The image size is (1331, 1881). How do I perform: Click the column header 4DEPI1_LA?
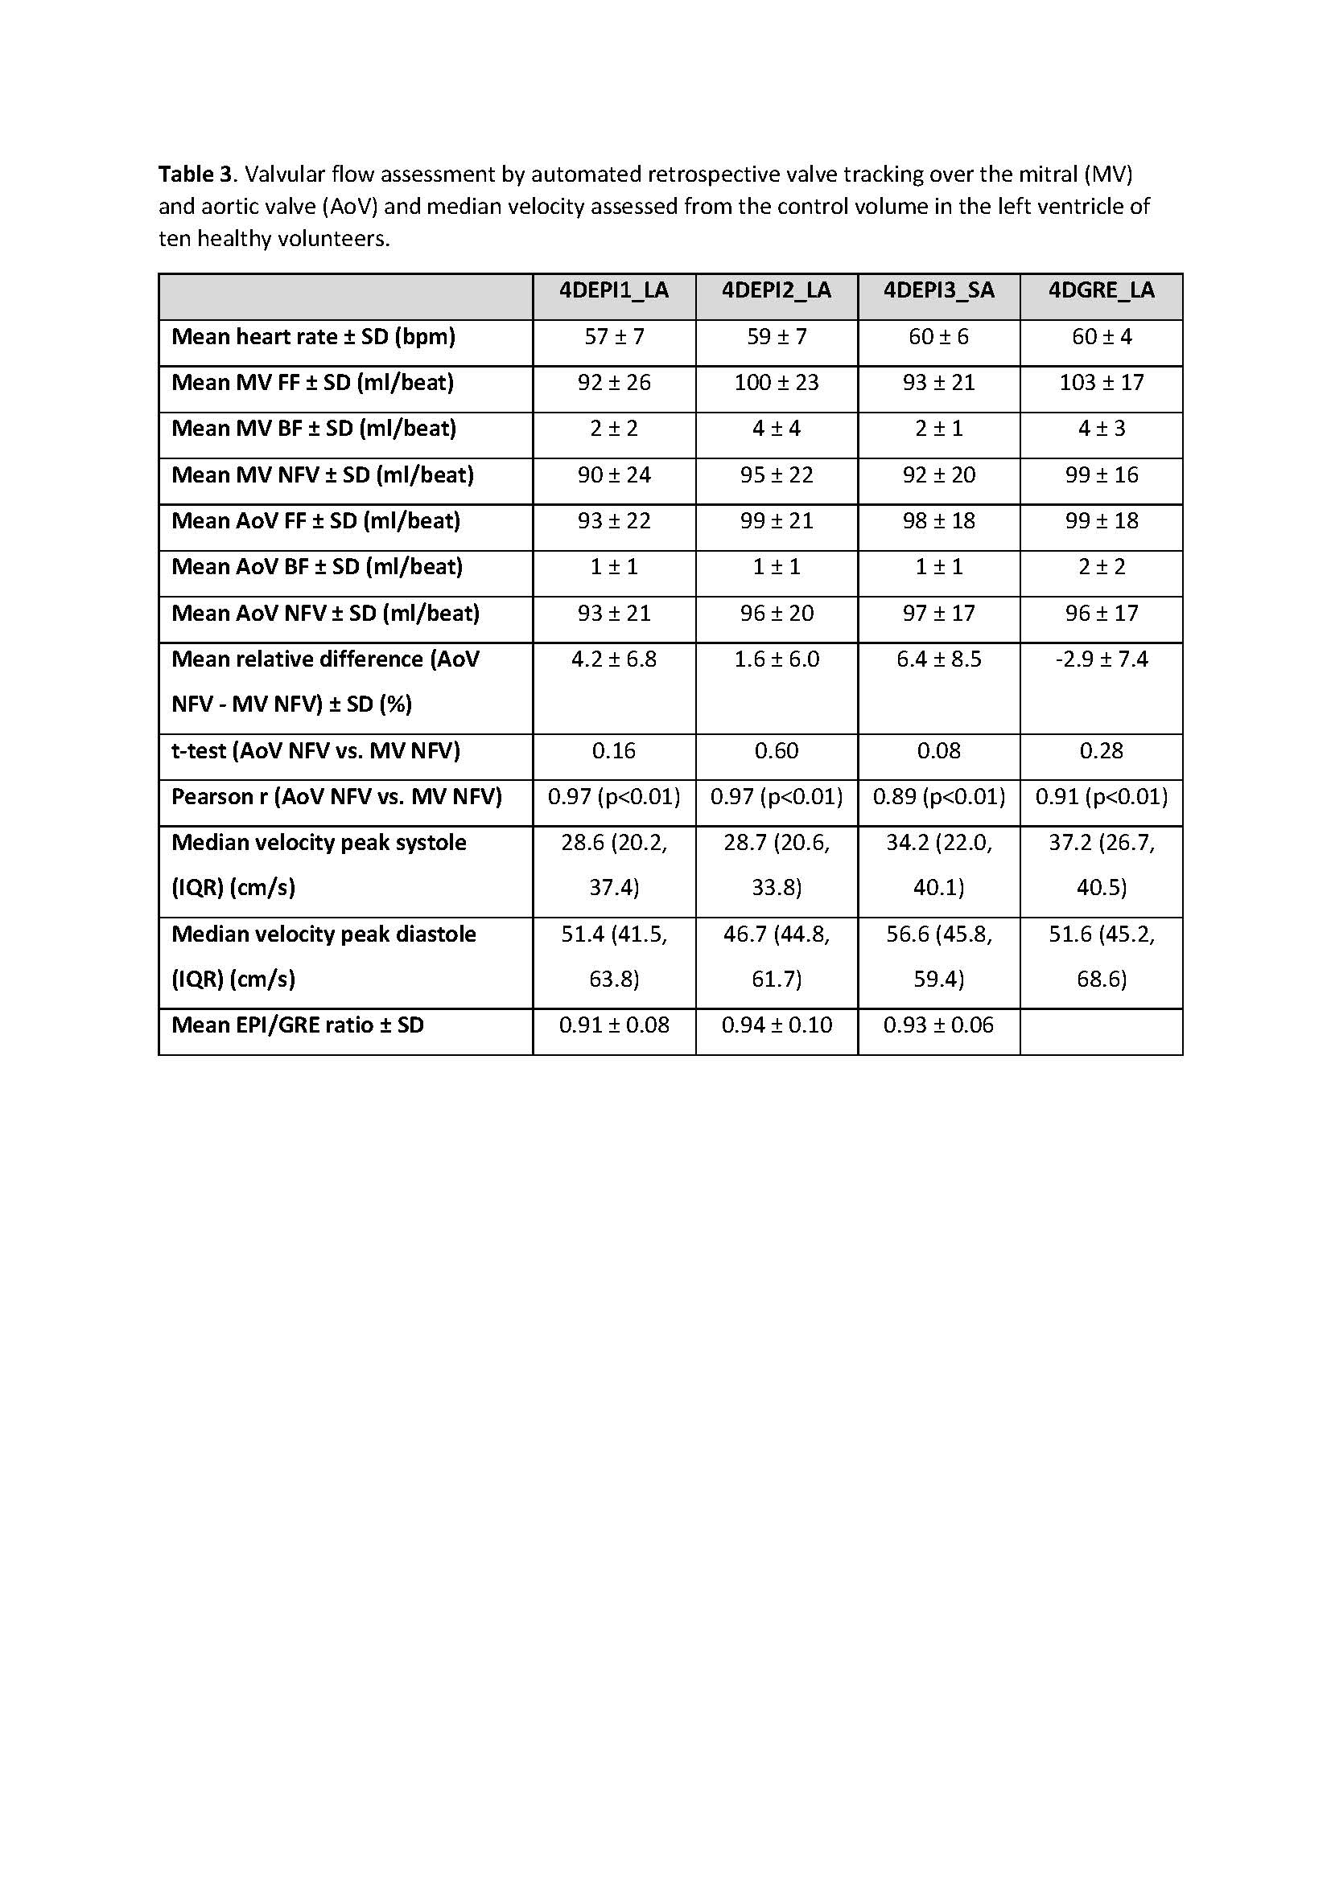[613, 291]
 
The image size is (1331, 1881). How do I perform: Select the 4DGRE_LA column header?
[1101, 291]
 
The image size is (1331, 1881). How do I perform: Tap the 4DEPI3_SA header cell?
[938, 291]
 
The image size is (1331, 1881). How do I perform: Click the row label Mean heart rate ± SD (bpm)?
[313, 337]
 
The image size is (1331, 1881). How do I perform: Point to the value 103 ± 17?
[1101, 383]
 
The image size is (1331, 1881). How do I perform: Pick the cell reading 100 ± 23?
[776, 383]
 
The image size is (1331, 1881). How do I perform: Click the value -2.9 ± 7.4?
[1101, 659]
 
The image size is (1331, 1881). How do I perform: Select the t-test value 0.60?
[776, 751]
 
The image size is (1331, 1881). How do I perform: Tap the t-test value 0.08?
[938, 751]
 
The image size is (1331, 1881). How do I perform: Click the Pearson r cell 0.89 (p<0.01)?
[938, 797]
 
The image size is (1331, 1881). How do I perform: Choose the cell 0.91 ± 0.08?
[613, 1025]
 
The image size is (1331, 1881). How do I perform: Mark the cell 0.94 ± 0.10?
[776, 1025]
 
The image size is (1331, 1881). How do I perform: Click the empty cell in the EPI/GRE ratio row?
[1101, 1031]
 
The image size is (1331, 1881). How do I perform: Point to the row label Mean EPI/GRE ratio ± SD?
[298, 1025]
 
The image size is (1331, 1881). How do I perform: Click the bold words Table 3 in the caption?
[195, 175]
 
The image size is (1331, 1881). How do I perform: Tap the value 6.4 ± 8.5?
[938, 659]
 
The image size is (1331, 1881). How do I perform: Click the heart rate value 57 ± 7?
[613, 337]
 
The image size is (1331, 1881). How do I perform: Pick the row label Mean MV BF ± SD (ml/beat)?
[314, 429]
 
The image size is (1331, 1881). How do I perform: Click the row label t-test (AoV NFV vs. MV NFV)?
[315, 751]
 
